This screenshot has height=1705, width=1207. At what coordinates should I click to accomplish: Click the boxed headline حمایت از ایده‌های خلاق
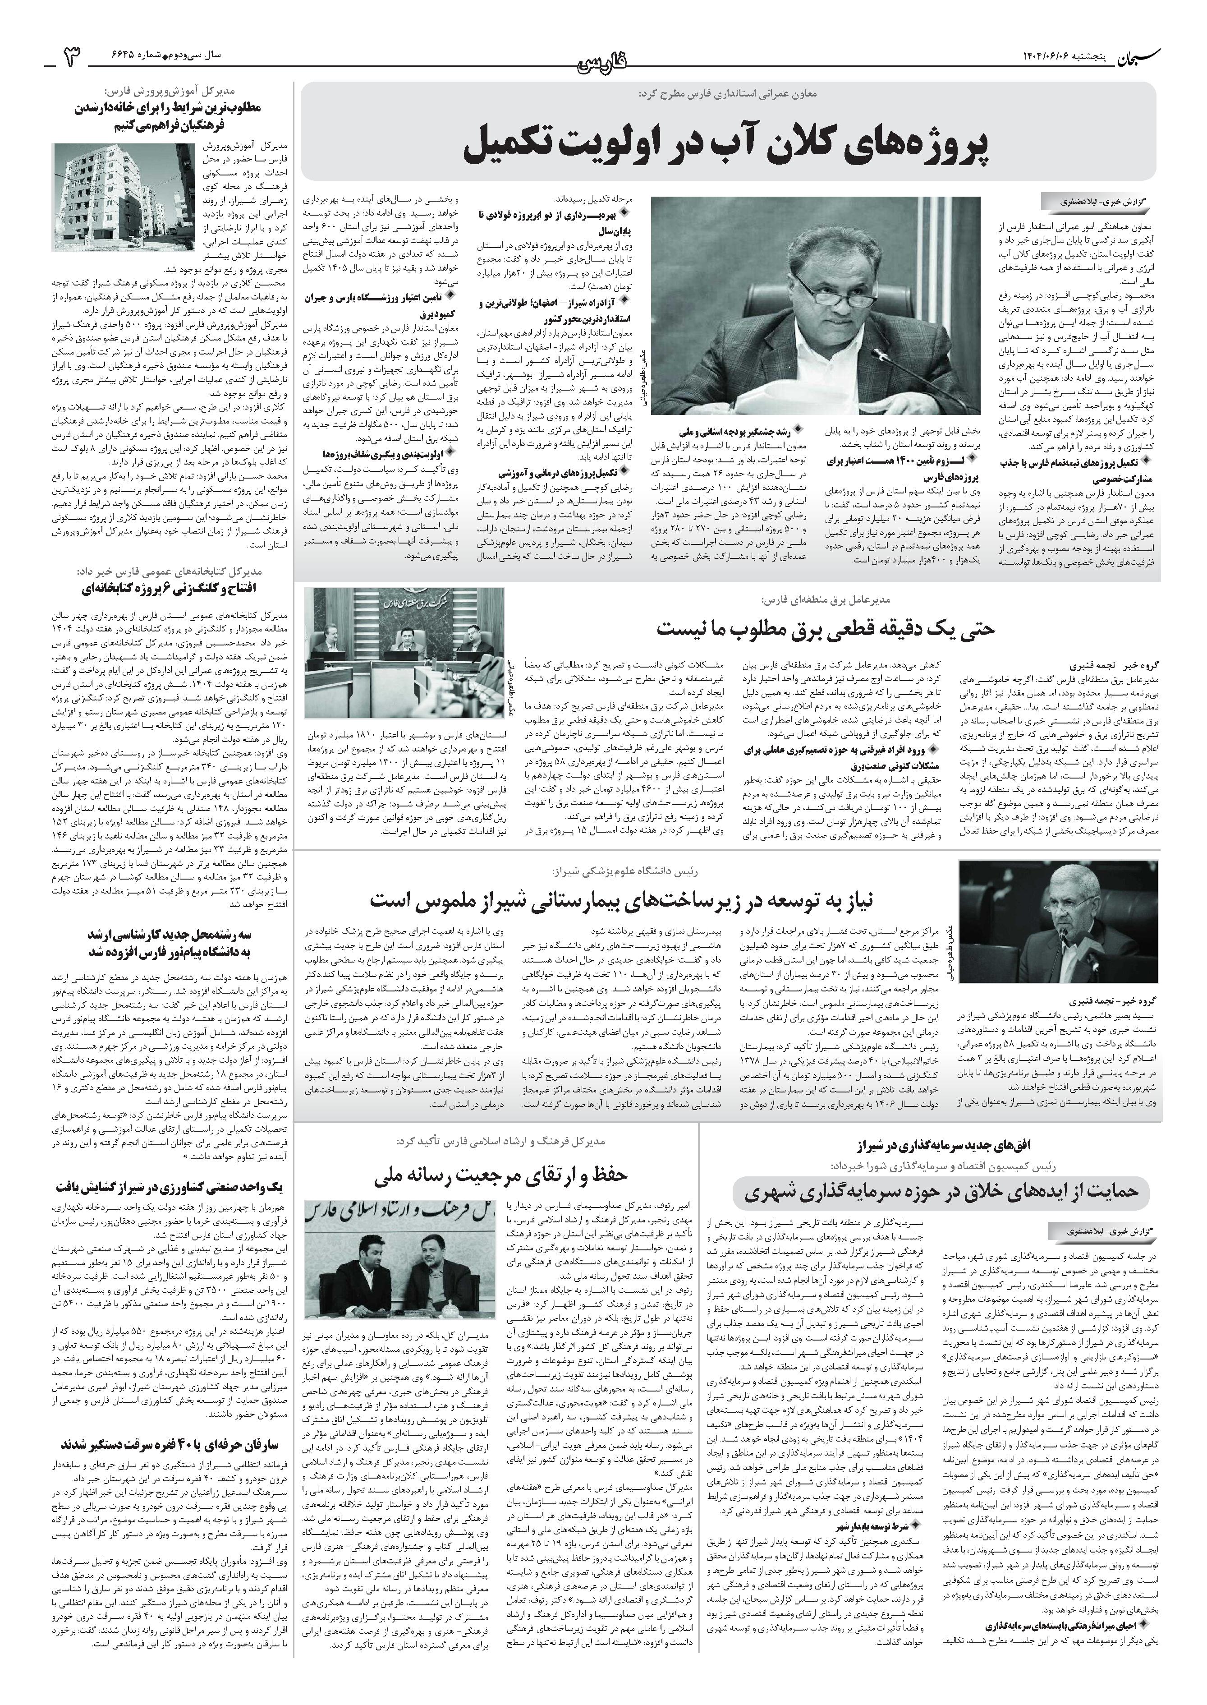(x=940, y=1191)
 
